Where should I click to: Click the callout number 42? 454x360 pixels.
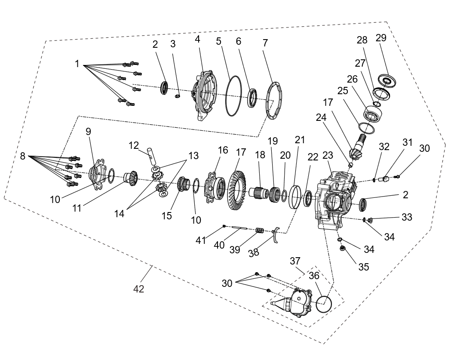coord(138,289)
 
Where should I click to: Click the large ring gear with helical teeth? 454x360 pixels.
coord(236,190)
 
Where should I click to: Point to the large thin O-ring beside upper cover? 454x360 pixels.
coord(233,96)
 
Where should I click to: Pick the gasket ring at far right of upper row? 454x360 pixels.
coord(273,100)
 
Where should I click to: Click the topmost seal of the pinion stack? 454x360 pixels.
coord(387,80)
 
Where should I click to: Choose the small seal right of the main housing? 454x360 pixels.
coord(362,205)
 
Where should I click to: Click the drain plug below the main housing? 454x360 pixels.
coord(343,247)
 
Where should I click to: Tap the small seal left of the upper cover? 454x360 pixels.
coord(164,88)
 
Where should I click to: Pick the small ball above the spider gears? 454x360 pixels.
coord(149,150)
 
